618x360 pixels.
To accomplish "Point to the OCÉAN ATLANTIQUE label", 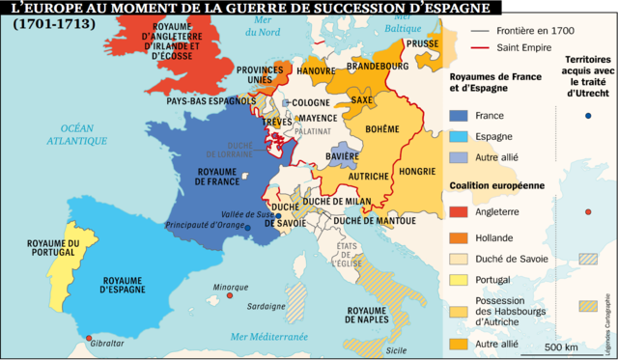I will tap(78, 134).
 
